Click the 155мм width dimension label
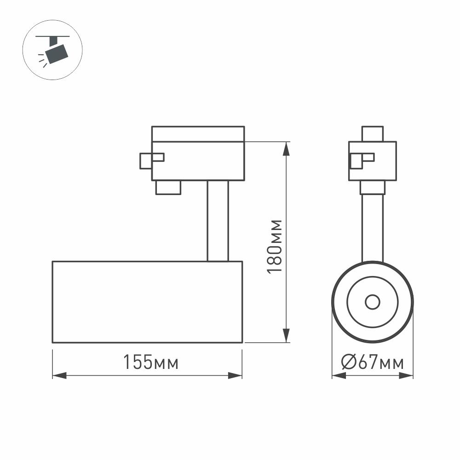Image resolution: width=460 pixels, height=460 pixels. (x=150, y=362)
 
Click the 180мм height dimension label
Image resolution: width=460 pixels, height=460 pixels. (x=275, y=246)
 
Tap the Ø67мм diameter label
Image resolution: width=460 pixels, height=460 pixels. (x=373, y=362)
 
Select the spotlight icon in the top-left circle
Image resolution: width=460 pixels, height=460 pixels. (x=52, y=48)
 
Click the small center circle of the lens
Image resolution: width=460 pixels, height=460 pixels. (x=372, y=302)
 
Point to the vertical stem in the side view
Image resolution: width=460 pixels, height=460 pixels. (x=218, y=221)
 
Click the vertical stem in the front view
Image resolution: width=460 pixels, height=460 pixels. (x=372, y=228)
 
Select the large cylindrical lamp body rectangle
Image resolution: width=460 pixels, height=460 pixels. (x=147, y=302)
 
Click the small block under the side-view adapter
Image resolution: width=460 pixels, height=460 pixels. (x=168, y=188)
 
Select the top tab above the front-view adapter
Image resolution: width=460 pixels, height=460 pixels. (x=373, y=133)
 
